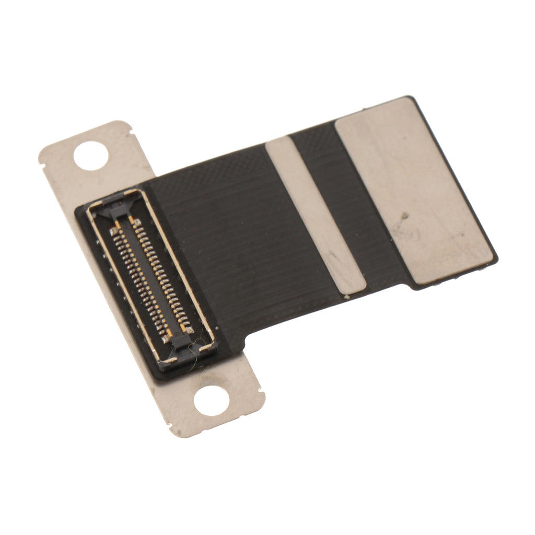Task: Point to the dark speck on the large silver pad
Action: (403, 215)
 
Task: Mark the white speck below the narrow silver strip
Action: (346, 297)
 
